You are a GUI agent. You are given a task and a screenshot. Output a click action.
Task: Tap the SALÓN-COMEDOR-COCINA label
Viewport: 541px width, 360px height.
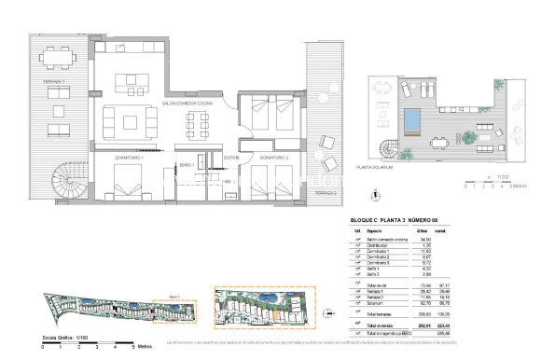[x=186, y=103]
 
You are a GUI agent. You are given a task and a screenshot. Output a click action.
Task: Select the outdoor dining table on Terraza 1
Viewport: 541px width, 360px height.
[x=62, y=57]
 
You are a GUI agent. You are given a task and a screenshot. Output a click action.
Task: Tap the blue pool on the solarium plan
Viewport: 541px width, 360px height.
[x=411, y=119]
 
